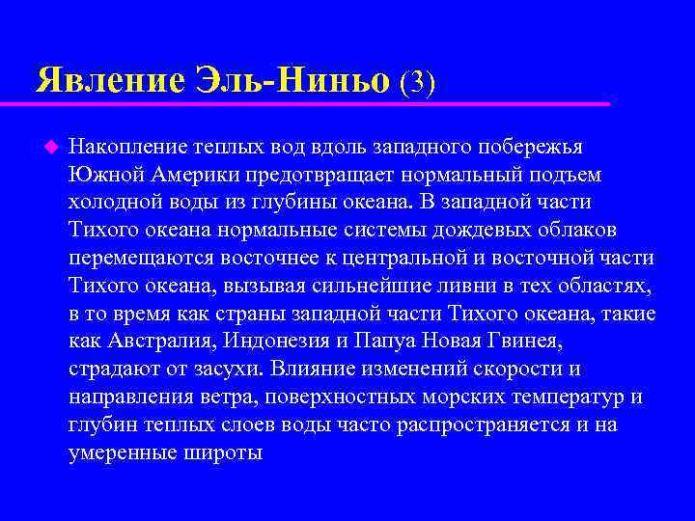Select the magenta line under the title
coord(319,103)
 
